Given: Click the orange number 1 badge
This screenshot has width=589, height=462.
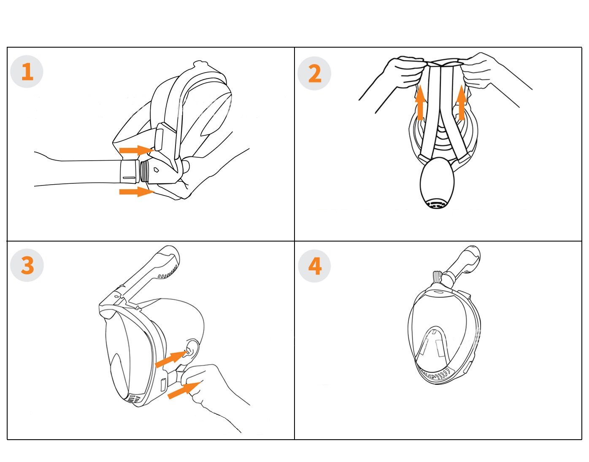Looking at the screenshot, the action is pyautogui.click(x=27, y=72).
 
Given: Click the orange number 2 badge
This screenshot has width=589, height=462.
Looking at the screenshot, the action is pyautogui.click(x=314, y=73).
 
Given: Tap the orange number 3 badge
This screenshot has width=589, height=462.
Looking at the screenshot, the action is pyautogui.click(x=27, y=265).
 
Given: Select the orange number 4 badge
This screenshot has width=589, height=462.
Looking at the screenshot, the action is pyautogui.click(x=314, y=266).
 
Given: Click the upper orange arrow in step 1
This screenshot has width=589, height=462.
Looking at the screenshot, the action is pyautogui.click(x=137, y=150).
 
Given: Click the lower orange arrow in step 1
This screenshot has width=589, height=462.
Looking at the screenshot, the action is pyautogui.click(x=137, y=191).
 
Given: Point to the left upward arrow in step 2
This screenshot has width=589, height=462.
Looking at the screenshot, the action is pyautogui.click(x=420, y=102).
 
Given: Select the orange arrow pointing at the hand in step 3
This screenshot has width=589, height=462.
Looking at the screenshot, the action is pyautogui.click(x=184, y=390).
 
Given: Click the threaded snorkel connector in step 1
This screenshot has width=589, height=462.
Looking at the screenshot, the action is pyautogui.click(x=143, y=171).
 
